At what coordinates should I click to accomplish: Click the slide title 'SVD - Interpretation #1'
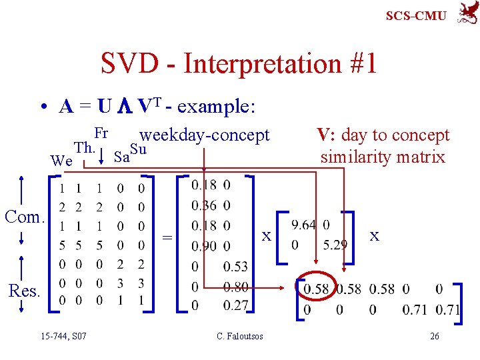coord(239,64)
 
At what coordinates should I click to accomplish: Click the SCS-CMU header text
coord(416,15)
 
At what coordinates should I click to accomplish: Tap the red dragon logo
coord(466,13)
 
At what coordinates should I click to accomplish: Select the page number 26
coord(434,336)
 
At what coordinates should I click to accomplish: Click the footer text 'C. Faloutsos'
coord(240,336)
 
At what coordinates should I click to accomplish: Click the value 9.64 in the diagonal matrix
coord(303,225)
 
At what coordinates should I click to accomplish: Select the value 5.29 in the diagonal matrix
coord(335,245)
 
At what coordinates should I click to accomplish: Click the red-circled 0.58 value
coord(316,289)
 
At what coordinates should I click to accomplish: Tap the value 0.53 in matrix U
coord(235,267)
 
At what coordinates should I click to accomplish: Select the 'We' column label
coord(61,161)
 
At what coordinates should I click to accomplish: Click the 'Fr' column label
coord(101,133)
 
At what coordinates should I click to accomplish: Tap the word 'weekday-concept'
coord(205,135)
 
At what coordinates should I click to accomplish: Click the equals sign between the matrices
coord(167,237)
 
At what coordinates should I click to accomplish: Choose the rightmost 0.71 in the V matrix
coord(448,310)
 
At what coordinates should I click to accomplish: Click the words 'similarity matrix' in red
coord(383,157)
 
